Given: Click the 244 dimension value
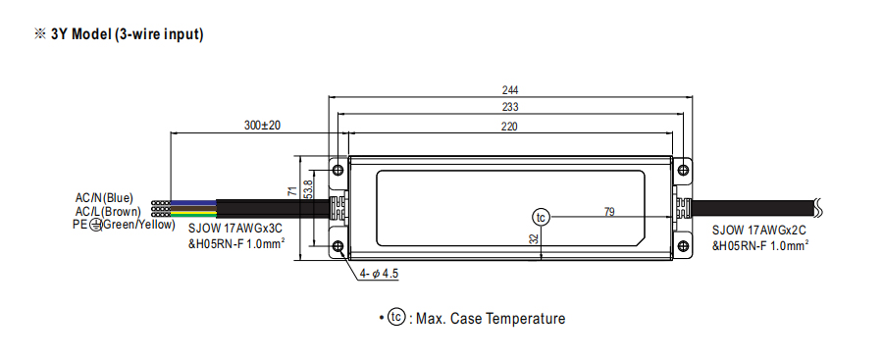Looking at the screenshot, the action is pos(509,90).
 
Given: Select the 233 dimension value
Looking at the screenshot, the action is pos(509,107).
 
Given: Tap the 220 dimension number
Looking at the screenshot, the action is pos(509,127).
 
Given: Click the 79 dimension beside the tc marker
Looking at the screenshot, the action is pos(609,212).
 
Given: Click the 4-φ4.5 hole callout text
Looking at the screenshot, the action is pos(379,275).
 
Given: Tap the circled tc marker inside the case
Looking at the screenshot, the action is pos(541,217).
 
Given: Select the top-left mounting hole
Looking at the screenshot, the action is pos(338,170).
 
